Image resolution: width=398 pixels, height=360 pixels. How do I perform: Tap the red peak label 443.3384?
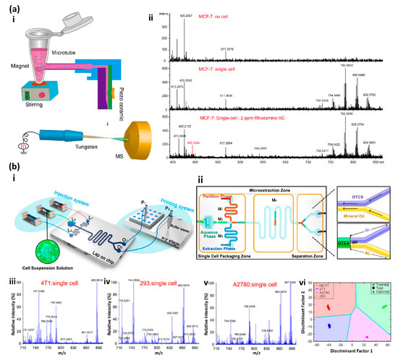coord(192,124)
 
